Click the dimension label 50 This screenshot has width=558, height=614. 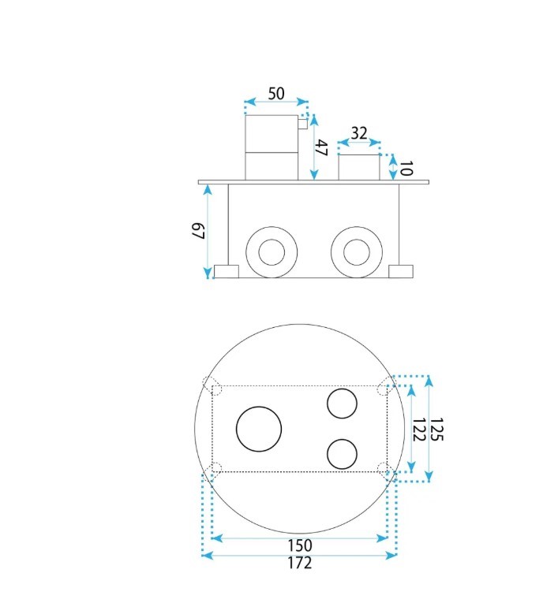276,93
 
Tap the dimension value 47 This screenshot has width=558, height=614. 321,147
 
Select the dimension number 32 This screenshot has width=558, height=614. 359,132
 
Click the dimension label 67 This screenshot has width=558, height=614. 199,232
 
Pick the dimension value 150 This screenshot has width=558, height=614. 300,545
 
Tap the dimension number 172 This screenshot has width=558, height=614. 300,563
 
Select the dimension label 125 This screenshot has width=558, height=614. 436,429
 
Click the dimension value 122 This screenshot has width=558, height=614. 419,429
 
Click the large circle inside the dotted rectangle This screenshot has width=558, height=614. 259,430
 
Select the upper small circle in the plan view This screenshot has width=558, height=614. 342,404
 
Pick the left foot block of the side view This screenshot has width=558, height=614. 227,271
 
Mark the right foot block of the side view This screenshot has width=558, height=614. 401,271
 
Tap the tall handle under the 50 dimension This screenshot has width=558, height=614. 271,147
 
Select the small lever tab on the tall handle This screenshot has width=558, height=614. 303,123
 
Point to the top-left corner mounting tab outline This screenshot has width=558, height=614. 212,385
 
